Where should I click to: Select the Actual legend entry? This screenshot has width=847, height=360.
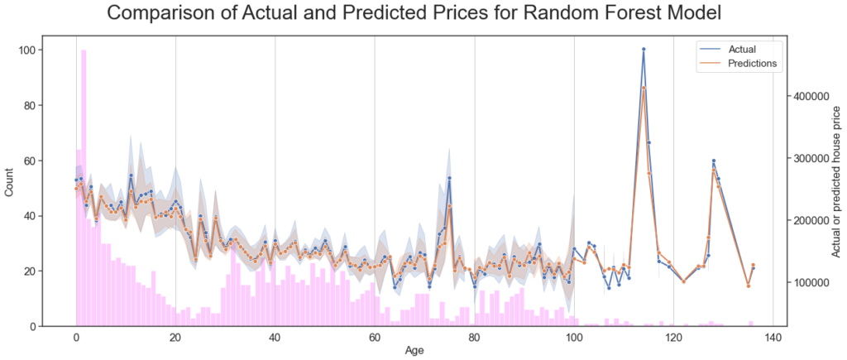point(741,49)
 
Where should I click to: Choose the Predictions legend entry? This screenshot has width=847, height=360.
point(751,63)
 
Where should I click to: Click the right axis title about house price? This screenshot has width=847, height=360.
point(836,187)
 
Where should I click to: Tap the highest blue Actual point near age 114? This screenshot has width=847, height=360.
point(644,50)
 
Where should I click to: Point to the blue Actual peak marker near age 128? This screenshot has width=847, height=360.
point(713,161)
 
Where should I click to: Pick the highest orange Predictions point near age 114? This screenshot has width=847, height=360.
point(644,88)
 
